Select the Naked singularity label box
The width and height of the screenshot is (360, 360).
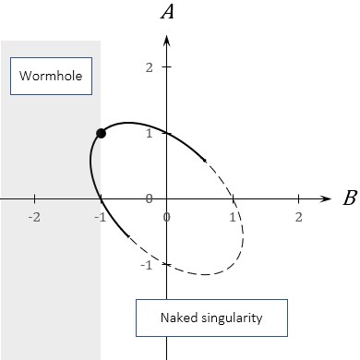[x=210, y=318]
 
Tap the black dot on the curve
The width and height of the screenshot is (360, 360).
[x=101, y=134]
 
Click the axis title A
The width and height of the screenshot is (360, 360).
[x=167, y=12]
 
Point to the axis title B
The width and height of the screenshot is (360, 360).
[x=349, y=198]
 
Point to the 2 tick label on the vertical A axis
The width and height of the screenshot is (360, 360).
[x=148, y=67]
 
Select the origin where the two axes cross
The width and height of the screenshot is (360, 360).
[x=166, y=198]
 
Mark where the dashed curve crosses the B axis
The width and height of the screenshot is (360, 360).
[x=233, y=198]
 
